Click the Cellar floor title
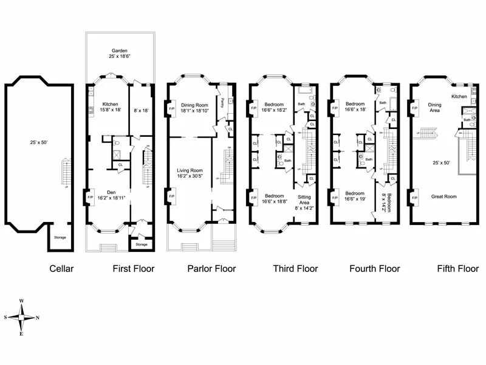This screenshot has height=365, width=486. click(61, 268)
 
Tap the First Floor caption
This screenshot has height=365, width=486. click(134, 268)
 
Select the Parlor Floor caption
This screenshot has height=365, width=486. click(211, 268)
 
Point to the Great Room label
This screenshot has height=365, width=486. click(443, 196)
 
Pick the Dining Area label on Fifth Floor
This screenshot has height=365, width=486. click(434, 107)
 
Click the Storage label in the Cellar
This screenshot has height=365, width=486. click(60, 237)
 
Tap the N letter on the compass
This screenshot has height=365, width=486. click(38, 318)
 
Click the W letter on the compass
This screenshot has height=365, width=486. click(22, 301)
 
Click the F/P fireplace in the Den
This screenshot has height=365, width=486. click(91, 197)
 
